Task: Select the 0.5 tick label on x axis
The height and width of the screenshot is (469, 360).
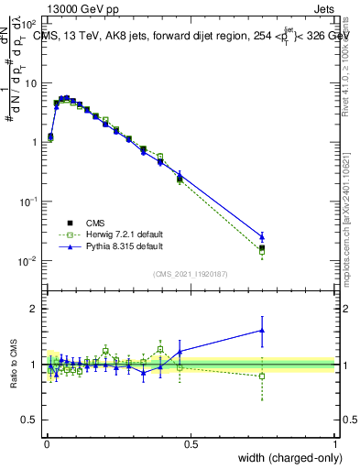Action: (x=191, y=444)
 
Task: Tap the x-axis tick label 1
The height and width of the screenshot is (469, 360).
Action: (x=335, y=444)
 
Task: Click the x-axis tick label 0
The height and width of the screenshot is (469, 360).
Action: (x=46, y=444)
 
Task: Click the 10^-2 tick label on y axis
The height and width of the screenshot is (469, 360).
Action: (x=28, y=261)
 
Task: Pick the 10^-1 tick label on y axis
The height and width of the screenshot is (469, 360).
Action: (x=28, y=202)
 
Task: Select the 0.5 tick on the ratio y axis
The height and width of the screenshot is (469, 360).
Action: (x=31, y=420)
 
